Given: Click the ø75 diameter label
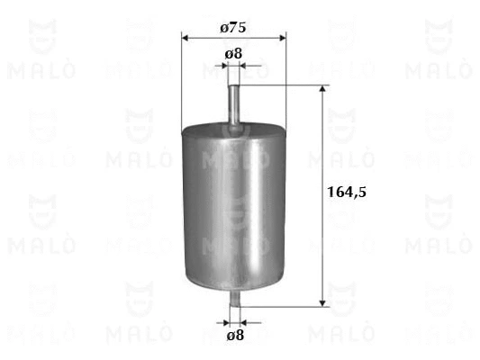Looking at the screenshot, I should coord(233,28).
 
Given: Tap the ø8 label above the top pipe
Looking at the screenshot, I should coord(233,54).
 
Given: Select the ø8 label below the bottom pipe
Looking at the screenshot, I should coord(233,335).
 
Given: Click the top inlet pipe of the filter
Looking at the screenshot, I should coord(234,103).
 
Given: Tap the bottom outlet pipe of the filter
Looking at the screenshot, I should coord(234,296).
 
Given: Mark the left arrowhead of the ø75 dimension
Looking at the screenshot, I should coord(186,38).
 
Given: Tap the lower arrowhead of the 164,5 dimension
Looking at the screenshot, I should coord(322,301).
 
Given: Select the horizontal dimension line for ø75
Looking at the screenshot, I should coord(233,38).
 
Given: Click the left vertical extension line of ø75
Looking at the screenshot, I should coord(182,81).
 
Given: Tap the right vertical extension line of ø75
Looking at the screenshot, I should coord(285,81).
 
